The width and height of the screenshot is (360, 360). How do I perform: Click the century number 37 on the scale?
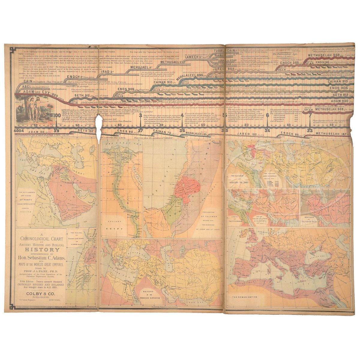coord(141,131)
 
